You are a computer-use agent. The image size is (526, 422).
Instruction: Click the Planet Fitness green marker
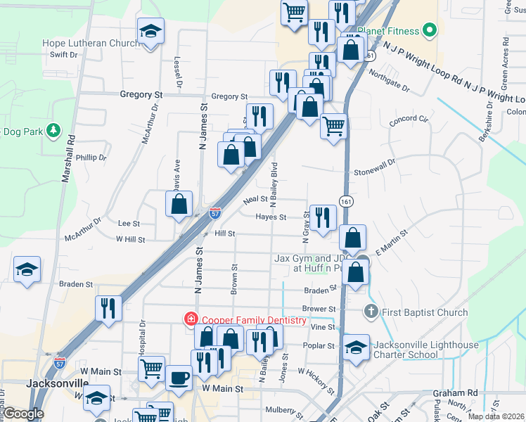tap(429, 31)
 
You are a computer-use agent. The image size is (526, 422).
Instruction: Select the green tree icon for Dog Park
tap(52, 131)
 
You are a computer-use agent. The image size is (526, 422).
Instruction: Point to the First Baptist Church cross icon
tap(371, 312)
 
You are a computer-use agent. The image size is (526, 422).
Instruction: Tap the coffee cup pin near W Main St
tap(178, 377)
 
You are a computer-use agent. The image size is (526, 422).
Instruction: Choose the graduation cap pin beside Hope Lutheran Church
tap(150, 31)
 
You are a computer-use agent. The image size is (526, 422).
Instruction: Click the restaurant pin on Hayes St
tap(323, 217)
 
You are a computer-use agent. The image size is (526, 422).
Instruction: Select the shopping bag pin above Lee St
tap(179, 205)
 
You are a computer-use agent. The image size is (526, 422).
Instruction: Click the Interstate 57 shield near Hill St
tap(215, 211)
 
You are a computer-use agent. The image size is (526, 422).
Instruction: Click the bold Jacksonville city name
tap(57, 384)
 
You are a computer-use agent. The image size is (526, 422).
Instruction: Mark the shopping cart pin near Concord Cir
tap(333, 127)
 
